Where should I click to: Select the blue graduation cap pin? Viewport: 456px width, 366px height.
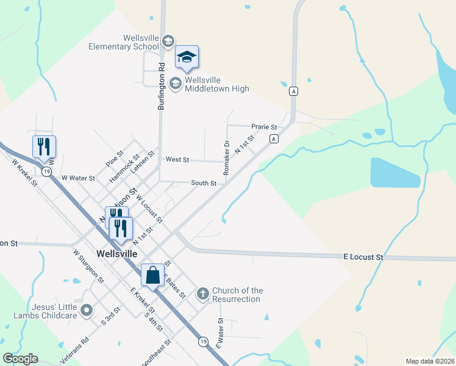pos(187,57)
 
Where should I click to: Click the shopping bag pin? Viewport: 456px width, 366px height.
pos(152,275)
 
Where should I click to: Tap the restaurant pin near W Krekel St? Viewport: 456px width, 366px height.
pos(44,147)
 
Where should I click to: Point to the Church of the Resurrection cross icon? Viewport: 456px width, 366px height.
pos(203,295)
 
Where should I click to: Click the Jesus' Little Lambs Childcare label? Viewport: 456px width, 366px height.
pos(46,310)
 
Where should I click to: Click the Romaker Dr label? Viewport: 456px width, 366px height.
pos(226,158)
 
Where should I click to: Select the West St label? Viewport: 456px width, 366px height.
pos(177,160)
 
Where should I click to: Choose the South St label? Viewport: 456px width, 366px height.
pos(204,183)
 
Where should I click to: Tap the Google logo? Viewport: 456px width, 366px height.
pos(20,359)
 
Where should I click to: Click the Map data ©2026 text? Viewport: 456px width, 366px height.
pos(429,361)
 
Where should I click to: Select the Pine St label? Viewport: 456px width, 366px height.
pos(115,159)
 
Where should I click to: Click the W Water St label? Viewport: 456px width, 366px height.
pos(78,178)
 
